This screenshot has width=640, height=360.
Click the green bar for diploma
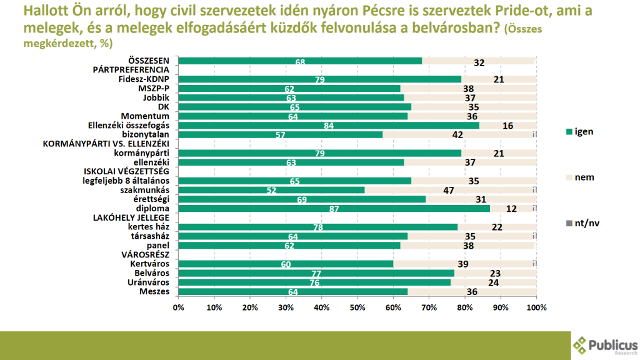coord(334,209)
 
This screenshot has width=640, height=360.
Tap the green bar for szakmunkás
coord(271,190)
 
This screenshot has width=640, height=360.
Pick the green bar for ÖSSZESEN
coord(300,61)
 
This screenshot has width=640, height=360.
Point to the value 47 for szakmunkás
coord(448,190)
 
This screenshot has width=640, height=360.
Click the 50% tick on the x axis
coord(357,307)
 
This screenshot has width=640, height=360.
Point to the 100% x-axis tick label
coord(536,307)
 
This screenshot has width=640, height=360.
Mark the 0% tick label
coord(179,307)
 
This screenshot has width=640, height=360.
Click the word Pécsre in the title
coord(362,11)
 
